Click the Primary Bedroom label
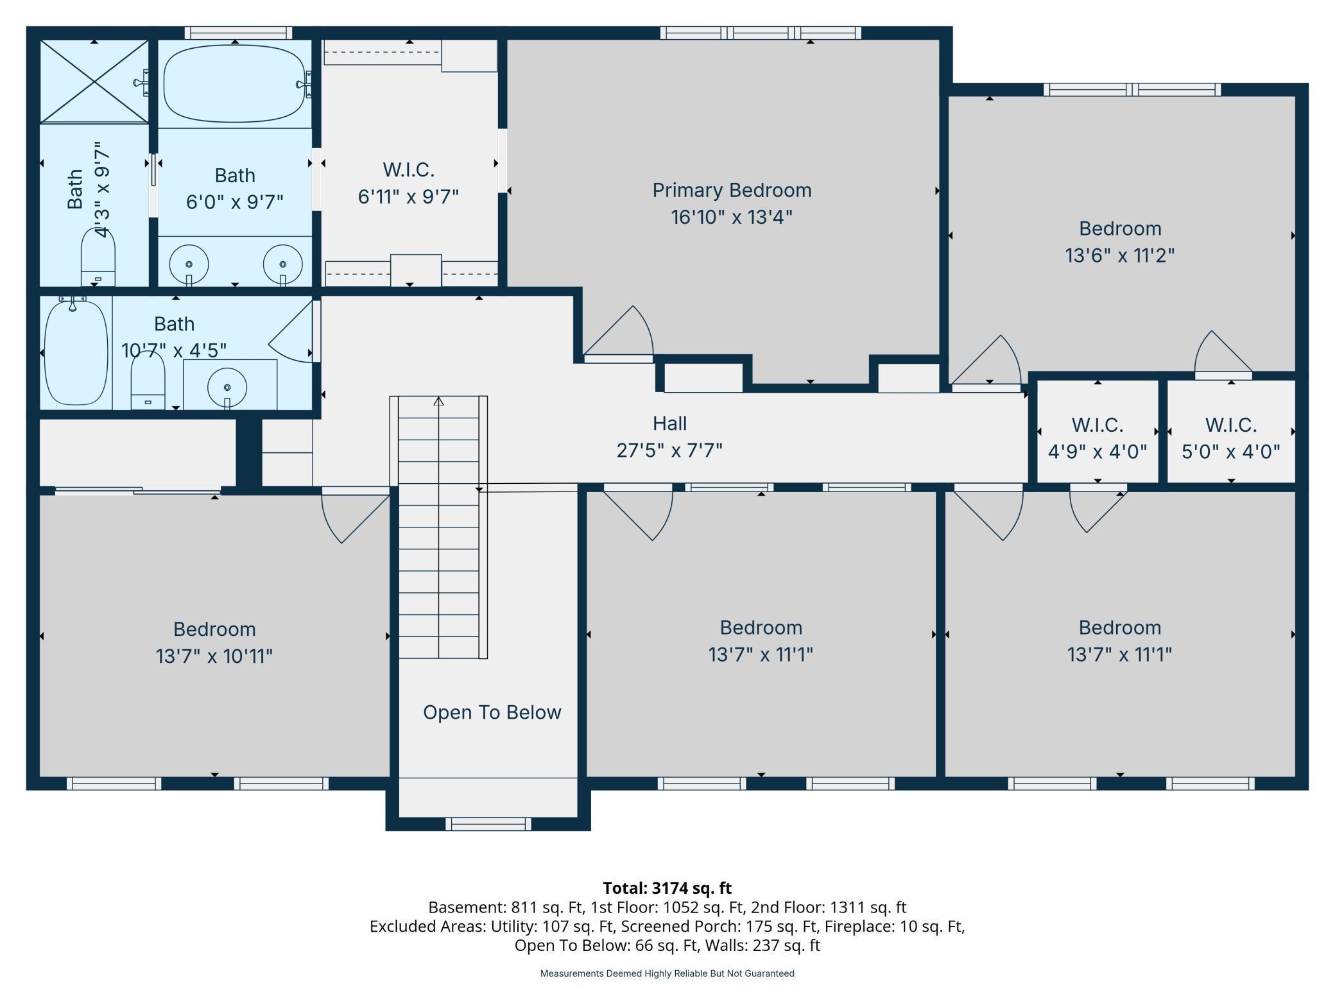pos(732,190)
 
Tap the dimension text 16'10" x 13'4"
pos(732,217)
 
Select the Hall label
pos(669,424)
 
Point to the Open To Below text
pos(492,712)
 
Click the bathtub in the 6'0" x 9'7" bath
pos(235,83)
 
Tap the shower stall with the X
pos(94,81)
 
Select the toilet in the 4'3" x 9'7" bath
pos(98,257)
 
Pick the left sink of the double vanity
pos(189,264)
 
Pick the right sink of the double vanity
pos(282,264)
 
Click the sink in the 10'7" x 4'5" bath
pos(227,388)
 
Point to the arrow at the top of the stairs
pos(438,402)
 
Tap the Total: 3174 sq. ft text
pos(667,888)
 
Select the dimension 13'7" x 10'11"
pos(214,656)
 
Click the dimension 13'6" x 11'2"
pos(1120,255)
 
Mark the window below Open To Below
pos(488,824)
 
